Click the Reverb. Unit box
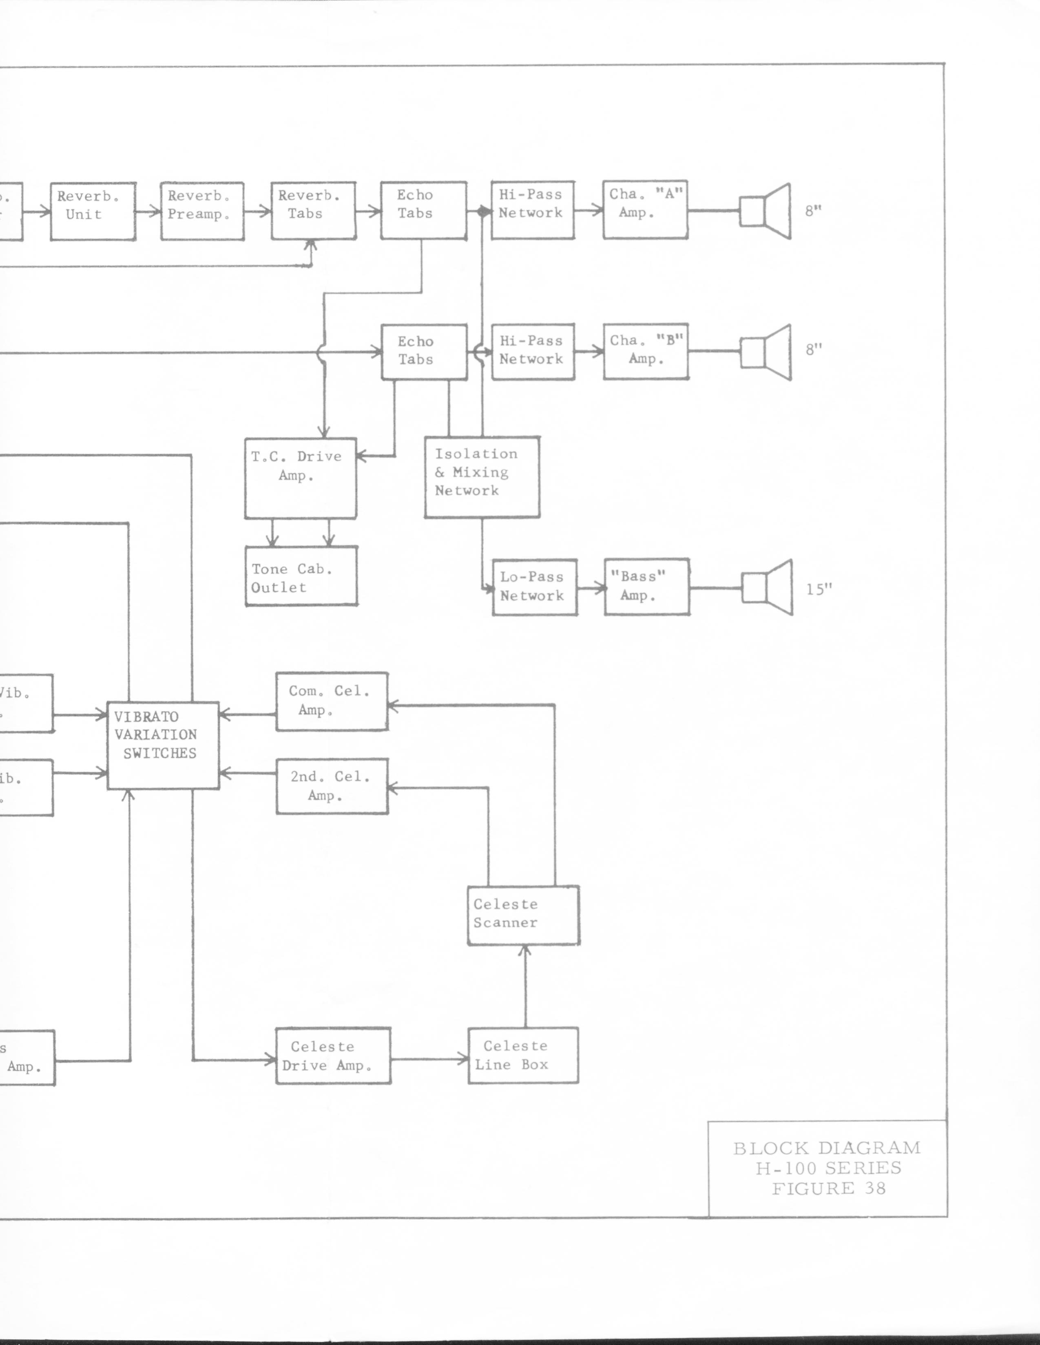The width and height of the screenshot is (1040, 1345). coord(93,211)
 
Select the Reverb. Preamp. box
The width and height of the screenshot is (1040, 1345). coord(202,211)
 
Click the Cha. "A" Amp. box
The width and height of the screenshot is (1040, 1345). coord(645,209)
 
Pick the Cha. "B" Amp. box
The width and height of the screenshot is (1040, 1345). coord(646,351)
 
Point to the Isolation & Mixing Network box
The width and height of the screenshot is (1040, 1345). coord(482,477)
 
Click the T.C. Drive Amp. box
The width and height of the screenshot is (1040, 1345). coord(300,478)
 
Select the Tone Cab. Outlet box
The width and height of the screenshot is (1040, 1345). coord(301,576)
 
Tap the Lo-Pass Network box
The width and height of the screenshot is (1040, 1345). coord(534,587)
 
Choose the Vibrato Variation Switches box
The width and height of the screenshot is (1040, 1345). coord(163,745)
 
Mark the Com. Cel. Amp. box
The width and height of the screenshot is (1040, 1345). coord(332,701)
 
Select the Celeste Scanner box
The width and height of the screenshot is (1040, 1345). coord(523,915)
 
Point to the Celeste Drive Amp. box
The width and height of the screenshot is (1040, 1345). coord(333,1056)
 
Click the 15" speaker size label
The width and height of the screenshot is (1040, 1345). coord(819,589)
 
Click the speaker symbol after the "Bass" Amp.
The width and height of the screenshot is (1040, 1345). coord(767,587)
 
